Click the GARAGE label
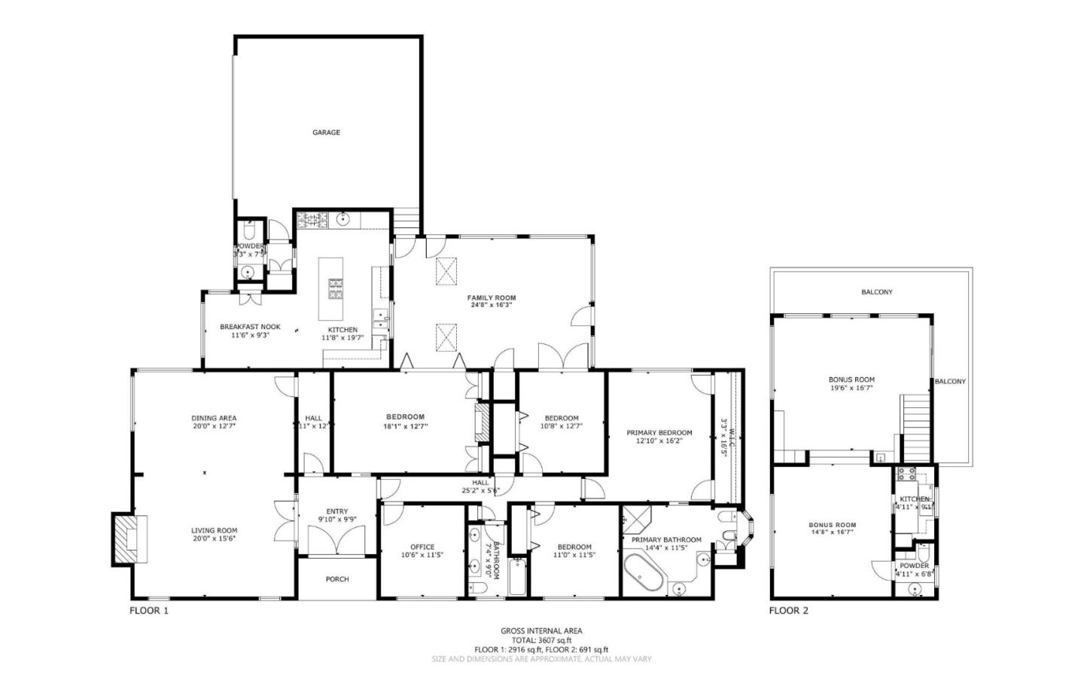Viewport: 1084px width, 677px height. (x=326, y=133)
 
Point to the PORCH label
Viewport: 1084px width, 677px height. (x=337, y=579)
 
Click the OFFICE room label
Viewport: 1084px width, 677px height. (x=422, y=547)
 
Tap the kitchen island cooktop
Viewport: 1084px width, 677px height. (x=333, y=288)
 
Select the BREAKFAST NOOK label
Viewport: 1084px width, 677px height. (x=250, y=327)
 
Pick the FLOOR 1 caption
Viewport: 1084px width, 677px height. (x=149, y=611)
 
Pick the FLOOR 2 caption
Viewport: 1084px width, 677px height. (x=788, y=611)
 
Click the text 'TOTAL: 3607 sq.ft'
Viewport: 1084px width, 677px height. (x=541, y=640)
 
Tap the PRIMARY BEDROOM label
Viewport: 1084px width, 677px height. (x=659, y=433)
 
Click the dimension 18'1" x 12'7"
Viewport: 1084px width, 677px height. (x=405, y=426)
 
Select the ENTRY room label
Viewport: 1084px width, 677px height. (x=336, y=512)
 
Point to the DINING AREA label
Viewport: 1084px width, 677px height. (x=214, y=418)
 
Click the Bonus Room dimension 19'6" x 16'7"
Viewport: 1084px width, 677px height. (x=851, y=389)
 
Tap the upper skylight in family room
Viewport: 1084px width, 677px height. (x=447, y=270)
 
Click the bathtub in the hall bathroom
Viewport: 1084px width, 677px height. (x=518, y=578)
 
